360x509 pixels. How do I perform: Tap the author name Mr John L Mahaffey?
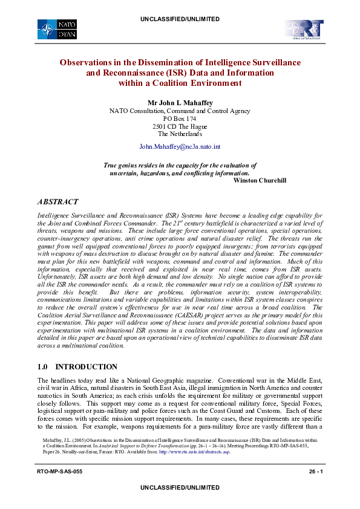(x=180, y=102)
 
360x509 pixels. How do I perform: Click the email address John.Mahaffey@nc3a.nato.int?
(x=180, y=147)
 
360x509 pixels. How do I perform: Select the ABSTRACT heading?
(x=57, y=201)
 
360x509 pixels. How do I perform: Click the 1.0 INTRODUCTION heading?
(x=77, y=367)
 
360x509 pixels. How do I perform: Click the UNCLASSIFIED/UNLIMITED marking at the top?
(x=180, y=4)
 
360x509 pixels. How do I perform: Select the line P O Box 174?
(x=180, y=119)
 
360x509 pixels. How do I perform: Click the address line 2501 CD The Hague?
(x=180, y=127)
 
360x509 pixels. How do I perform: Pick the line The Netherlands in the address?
(x=180, y=134)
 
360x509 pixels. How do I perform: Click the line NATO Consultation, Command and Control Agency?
(x=180, y=111)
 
